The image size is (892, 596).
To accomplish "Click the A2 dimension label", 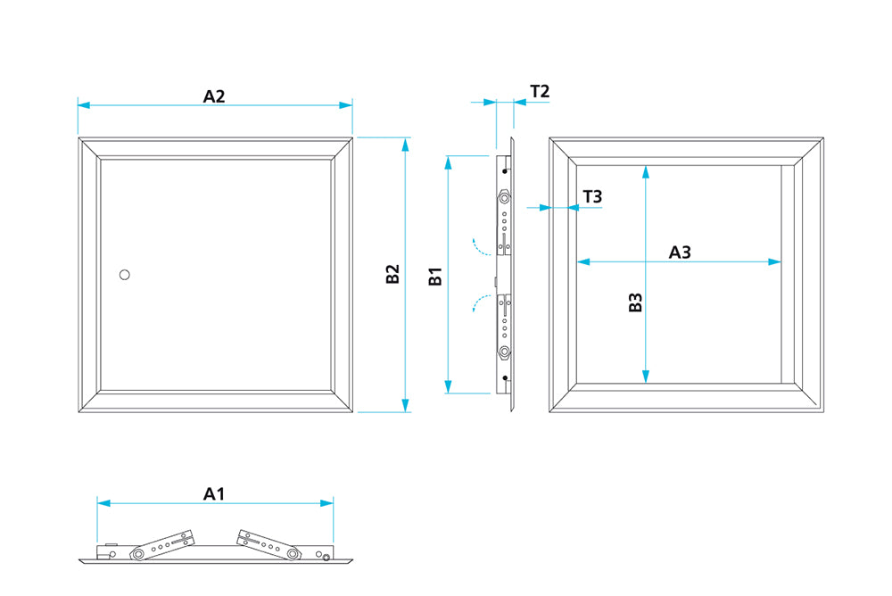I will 214,95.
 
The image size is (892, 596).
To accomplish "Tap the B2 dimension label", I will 392,275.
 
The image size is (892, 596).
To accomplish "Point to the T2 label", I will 540,91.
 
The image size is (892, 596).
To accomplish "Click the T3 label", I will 592,196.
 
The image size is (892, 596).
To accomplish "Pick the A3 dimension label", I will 681,252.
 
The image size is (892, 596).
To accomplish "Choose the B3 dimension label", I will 635,303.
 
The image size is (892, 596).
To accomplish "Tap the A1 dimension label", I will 214,493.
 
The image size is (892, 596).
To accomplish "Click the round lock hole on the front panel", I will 125,274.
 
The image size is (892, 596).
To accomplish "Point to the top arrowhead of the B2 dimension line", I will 406,144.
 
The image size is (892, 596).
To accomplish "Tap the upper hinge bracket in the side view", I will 506,219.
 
